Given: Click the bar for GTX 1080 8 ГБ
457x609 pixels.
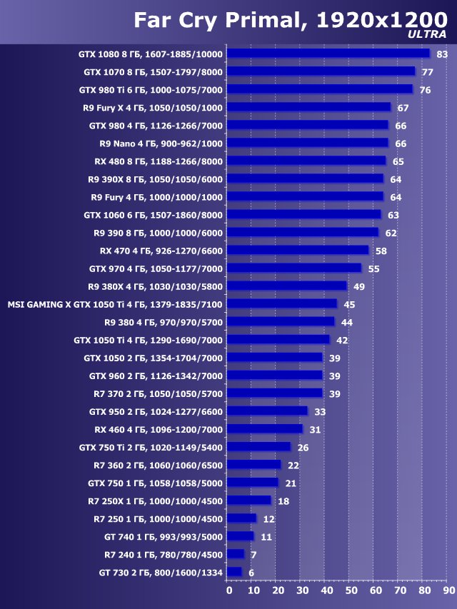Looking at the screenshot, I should [328, 54].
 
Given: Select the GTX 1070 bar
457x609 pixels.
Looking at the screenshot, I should [321, 71].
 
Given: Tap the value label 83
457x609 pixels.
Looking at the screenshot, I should [442, 54].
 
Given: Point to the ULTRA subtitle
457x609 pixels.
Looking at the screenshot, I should [427, 34].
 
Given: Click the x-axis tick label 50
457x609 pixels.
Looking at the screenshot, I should [350, 590].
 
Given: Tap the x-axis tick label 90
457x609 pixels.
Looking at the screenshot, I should [447, 590].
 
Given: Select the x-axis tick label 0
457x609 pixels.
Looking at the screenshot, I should [229, 590].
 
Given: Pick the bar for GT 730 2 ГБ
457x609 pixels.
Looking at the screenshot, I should [235, 573].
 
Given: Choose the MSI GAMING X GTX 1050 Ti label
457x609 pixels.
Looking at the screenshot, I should [115, 304].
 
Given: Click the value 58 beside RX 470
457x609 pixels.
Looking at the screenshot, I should [381, 251].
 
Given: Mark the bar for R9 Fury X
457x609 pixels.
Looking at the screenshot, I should [309, 107].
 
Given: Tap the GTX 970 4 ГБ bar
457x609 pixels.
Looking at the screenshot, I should [295, 268].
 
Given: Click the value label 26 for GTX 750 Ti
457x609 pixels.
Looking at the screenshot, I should [303, 448].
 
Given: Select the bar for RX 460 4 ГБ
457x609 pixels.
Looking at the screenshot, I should [265, 429].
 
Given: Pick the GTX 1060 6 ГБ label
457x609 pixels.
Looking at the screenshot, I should [153, 215].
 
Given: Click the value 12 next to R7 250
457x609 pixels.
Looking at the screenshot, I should [268, 519].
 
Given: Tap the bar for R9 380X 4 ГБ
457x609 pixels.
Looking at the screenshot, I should [287, 286].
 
